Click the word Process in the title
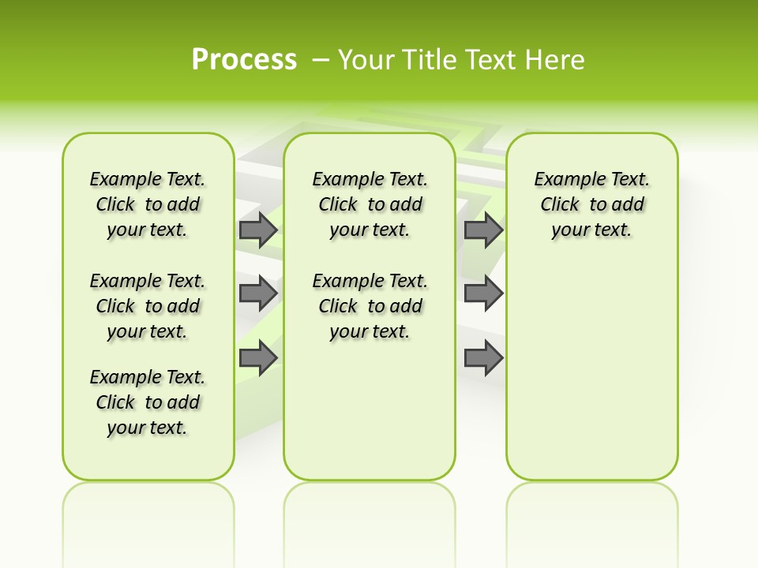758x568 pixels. [x=244, y=60]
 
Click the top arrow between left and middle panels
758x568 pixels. [x=258, y=230]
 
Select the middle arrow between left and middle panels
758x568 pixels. [x=258, y=293]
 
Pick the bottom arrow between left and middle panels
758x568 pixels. [x=258, y=359]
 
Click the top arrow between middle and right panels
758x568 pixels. [x=483, y=230]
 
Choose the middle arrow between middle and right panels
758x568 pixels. [x=483, y=293]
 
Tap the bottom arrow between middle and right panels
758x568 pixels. [x=483, y=359]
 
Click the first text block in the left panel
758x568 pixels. [x=148, y=204]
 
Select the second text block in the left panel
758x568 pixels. [x=148, y=306]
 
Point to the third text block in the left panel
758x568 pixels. [x=148, y=402]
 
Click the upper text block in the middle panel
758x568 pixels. [x=370, y=204]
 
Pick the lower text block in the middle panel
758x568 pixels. [x=370, y=306]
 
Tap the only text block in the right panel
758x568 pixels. [x=592, y=204]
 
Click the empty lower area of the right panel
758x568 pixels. [x=592, y=371]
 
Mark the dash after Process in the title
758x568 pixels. [x=321, y=60]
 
